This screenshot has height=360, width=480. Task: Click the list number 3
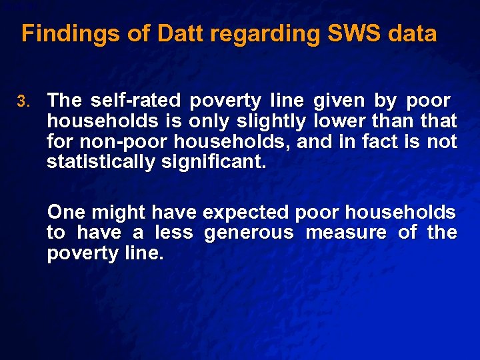(x=24, y=102)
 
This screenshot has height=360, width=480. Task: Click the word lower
(x=337, y=121)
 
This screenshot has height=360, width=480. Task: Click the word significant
(x=213, y=162)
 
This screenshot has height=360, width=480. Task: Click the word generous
(x=249, y=233)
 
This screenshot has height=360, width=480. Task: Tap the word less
(x=173, y=233)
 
